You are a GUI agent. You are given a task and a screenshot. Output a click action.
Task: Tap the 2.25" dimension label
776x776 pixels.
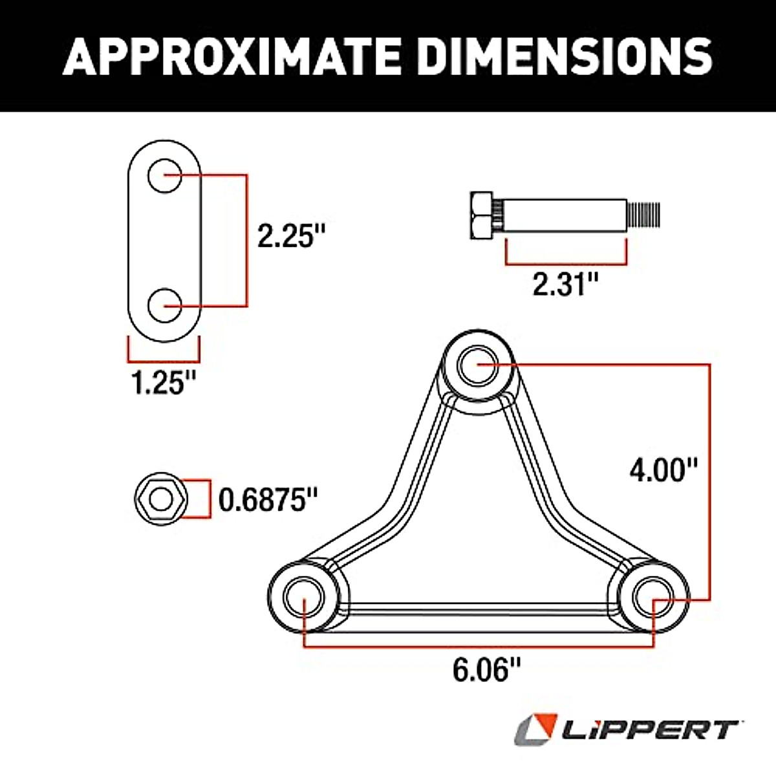(290, 235)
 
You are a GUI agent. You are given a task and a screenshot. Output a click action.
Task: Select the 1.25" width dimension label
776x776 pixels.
(164, 383)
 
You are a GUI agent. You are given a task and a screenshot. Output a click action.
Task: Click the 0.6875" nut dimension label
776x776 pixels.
(268, 500)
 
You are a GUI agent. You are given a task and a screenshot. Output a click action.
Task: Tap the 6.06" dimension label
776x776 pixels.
(486, 670)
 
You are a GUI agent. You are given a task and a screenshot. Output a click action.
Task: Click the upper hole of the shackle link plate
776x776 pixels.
(164, 175)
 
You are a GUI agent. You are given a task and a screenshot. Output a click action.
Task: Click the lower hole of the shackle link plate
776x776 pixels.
(164, 305)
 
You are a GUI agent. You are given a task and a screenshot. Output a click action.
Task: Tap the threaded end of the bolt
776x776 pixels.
(644, 215)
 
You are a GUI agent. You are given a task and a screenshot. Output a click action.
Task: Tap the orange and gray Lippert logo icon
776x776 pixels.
(535, 730)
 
